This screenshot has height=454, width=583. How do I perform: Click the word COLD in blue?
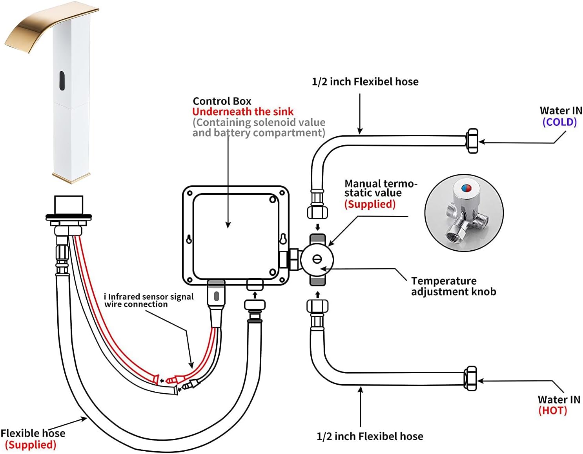pyautogui.click(x=559, y=122)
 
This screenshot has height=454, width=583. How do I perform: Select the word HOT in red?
pyautogui.click(x=552, y=411)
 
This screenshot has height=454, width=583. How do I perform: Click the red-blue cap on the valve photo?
pyautogui.click(x=466, y=188)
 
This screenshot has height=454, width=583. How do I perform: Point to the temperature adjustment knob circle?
pyautogui.click(x=317, y=259)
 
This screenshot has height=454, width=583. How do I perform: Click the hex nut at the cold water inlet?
pyautogui.click(x=472, y=141)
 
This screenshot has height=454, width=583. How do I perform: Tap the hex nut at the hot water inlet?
pyautogui.click(x=470, y=378)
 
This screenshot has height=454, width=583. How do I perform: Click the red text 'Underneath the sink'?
pyautogui.click(x=243, y=112)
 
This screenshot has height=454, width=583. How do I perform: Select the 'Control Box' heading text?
pyautogui.click(x=222, y=101)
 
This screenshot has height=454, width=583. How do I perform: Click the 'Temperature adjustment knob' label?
pyautogui.click(x=453, y=286)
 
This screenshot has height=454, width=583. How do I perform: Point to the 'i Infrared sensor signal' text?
pyautogui.click(x=149, y=297)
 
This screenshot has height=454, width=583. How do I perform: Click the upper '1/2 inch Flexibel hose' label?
pyautogui.click(x=365, y=81)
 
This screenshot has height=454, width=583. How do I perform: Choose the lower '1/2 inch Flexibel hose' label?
pyautogui.click(x=370, y=436)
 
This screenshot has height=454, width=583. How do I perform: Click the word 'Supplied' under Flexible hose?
pyautogui.click(x=31, y=445)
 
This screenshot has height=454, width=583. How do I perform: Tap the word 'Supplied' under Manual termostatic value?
pyautogui.click(x=370, y=204)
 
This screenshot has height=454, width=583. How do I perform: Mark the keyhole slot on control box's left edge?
pyautogui.click(x=189, y=239)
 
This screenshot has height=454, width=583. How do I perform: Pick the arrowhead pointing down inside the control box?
pyautogui.click(x=228, y=225)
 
